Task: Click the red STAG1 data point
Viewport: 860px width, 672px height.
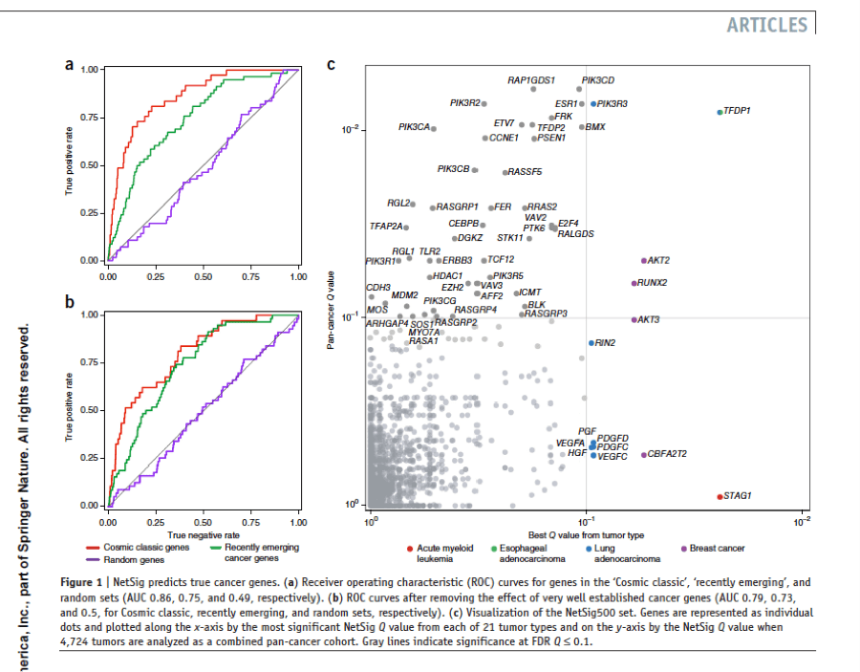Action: (x=720, y=496)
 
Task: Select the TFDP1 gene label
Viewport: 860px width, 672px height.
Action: (x=737, y=111)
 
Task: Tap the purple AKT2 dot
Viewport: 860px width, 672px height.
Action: (x=644, y=260)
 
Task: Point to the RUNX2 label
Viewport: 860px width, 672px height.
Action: (x=653, y=283)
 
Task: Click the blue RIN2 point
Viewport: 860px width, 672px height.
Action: (x=591, y=342)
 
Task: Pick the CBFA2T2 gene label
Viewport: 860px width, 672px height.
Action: (x=668, y=454)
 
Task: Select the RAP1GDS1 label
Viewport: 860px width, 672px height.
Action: (x=531, y=80)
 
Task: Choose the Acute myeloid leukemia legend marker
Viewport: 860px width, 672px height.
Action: (x=409, y=549)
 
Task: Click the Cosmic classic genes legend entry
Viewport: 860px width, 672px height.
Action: (x=145, y=547)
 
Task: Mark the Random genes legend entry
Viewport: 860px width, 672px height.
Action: (x=134, y=558)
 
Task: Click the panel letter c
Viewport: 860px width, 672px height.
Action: (x=331, y=66)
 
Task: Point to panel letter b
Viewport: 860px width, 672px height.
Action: (x=69, y=303)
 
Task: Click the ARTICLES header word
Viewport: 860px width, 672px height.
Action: (x=766, y=25)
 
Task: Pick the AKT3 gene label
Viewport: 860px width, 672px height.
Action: (x=649, y=319)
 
